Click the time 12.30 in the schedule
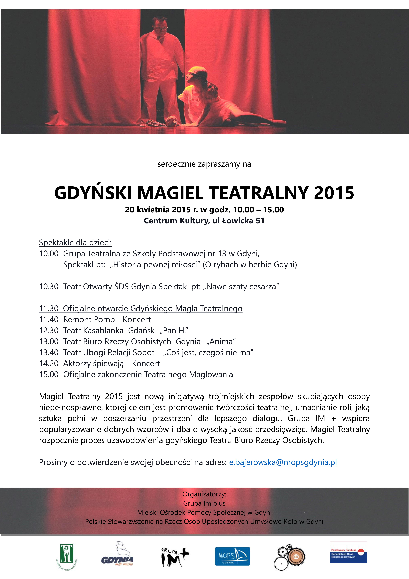49,330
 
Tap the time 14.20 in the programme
49,363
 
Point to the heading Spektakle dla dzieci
75,243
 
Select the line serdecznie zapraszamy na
204,164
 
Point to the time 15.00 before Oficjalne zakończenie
49,375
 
